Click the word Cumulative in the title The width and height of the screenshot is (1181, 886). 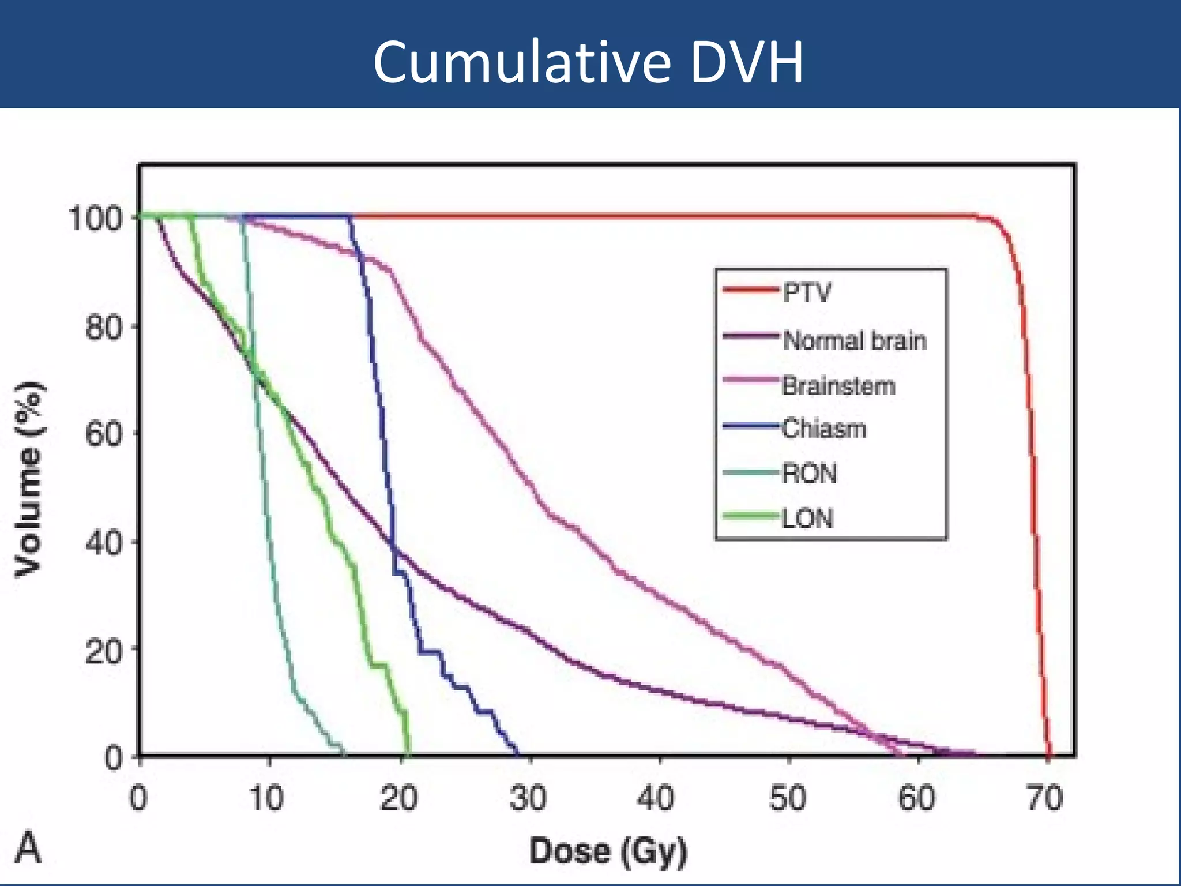[x=522, y=62]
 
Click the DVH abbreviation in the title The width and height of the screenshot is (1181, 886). [x=746, y=62]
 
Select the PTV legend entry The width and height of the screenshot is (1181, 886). [x=807, y=293]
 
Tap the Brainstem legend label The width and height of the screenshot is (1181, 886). [x=838, y=385]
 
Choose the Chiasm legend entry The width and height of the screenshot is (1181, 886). [x=823, y=429]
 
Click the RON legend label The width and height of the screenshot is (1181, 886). [x=809, y=474]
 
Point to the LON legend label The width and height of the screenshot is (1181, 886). [x=807, y=519]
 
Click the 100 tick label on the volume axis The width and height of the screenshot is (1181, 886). [x=95, y=219]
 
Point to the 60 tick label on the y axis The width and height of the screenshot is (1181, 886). [x=104, y=434]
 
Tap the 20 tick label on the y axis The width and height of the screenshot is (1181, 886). [x=104, y=652]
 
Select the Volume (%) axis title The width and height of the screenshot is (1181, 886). [x=29, y=479]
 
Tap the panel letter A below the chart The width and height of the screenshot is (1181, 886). [x=28, y=848]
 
